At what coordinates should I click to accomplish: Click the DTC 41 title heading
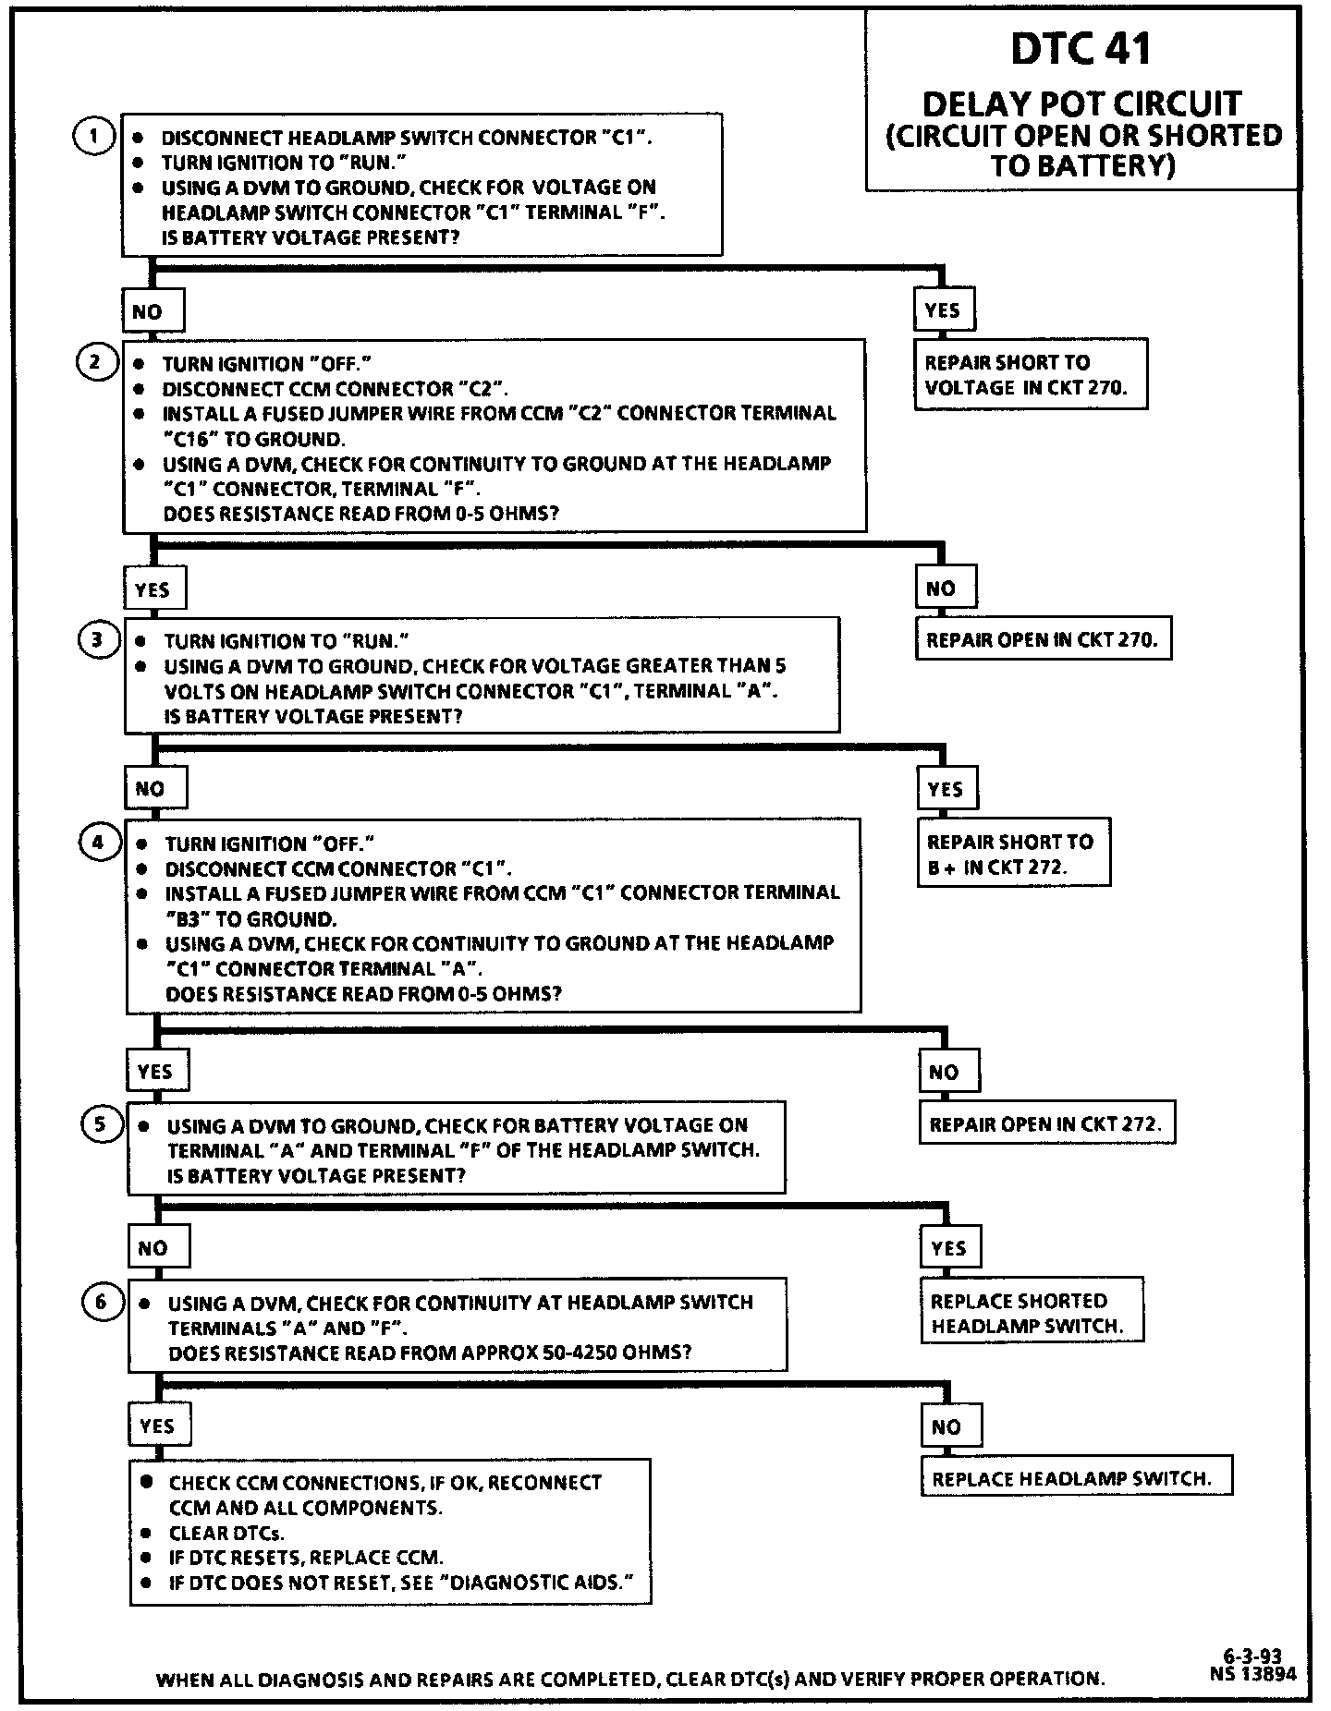[1081, 48]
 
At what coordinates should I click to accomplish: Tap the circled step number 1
[92, 137]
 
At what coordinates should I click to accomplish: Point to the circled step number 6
[101, 1303]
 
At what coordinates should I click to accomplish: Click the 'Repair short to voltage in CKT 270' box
[1031, 374]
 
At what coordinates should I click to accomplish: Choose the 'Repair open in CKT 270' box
[1043, 639]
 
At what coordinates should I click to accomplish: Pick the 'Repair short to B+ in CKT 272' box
[1013, 854]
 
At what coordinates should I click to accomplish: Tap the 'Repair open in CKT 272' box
[1046, 1124]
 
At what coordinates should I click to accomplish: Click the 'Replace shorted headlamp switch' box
[1031, 1313]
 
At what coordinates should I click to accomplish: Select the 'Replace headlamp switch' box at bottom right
[1077, 1478]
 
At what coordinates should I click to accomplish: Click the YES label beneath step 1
[943, 310]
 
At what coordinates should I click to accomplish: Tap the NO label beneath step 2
[942, 589]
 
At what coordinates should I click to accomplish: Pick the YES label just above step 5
[155, 1072]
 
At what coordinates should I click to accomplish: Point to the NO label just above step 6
[153, 1248]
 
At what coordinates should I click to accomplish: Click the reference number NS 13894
[1252, 1673]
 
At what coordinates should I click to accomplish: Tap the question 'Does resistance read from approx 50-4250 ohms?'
[430, 1353]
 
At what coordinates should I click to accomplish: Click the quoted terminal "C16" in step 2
[191, 439]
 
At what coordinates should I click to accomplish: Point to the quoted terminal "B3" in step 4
[186, 919]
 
